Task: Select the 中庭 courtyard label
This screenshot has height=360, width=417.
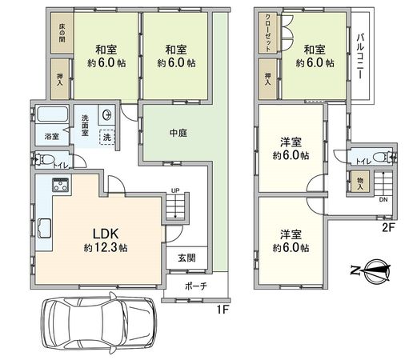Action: [178, 134]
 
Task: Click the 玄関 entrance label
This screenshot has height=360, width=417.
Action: [186, 259]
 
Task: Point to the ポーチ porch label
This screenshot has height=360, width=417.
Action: [195, 286]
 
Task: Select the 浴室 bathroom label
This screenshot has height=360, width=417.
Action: [50, 137]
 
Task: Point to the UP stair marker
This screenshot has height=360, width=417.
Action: [174, 190]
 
